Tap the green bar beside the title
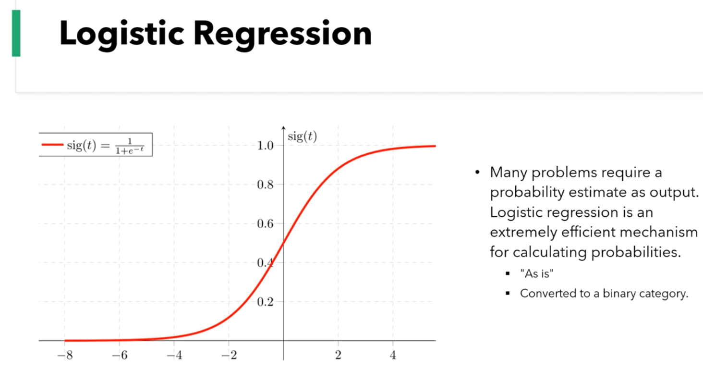coord(16,33)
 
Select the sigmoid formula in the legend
coord(109,145)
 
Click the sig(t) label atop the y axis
coord(302,136)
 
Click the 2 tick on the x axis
coord(338,356)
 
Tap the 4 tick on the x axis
coord(393,356)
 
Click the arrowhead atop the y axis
coord(283,128)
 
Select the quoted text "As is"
coord(537,274)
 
